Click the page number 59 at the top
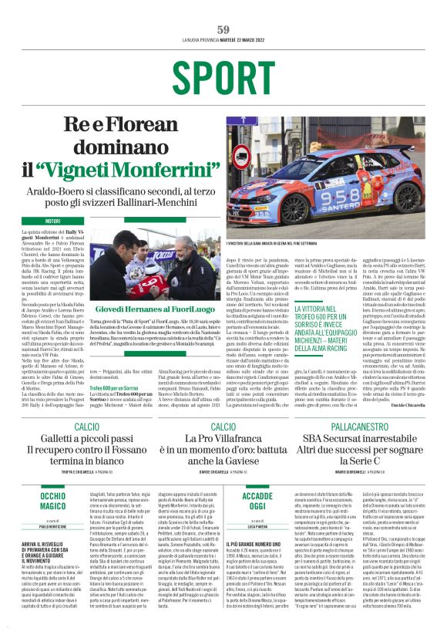[x=223, y=29]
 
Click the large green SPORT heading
[x=223, y=77]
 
